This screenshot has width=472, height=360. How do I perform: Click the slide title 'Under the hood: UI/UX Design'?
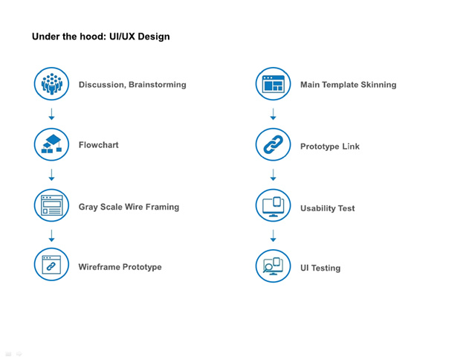(x=100, y=36)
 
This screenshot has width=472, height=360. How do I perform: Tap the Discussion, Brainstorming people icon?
(x=51, y=84)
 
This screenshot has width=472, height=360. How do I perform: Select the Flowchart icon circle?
(x=51, y=144)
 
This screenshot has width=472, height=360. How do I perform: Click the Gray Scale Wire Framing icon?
(x=51, y=206)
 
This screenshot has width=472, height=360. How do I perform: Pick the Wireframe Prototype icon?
(x=51, y=266)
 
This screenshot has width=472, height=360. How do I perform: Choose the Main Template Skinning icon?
(x=273, y=84)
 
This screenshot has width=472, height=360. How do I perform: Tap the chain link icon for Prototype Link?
(x=273, y=146)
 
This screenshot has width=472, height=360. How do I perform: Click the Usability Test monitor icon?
(x=273, y=207)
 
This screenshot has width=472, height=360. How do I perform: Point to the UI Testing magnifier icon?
(x=273, y=266)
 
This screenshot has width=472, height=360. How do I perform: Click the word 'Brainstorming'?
(x=157, y=85)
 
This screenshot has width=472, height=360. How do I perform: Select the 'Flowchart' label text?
(x=98, y=145)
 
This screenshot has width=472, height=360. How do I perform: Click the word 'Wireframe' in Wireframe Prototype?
(x=99, y=267)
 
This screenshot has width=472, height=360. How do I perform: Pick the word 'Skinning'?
(x=377, y=85)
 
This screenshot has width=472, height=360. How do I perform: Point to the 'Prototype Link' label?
(x=329, y=147)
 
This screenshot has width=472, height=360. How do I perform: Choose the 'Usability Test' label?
(x=327, y=208)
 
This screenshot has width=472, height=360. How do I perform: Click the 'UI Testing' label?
(x=320, y=268)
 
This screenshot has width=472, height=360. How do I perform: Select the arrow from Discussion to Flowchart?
(x=51, y=114)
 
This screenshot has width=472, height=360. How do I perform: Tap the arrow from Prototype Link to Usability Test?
(x=273, y=176)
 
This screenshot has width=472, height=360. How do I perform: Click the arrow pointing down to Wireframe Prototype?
(x=51, y=236)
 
